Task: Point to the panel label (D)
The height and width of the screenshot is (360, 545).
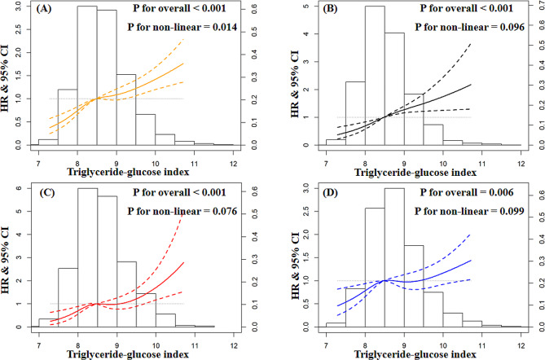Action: tap(318, 192)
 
